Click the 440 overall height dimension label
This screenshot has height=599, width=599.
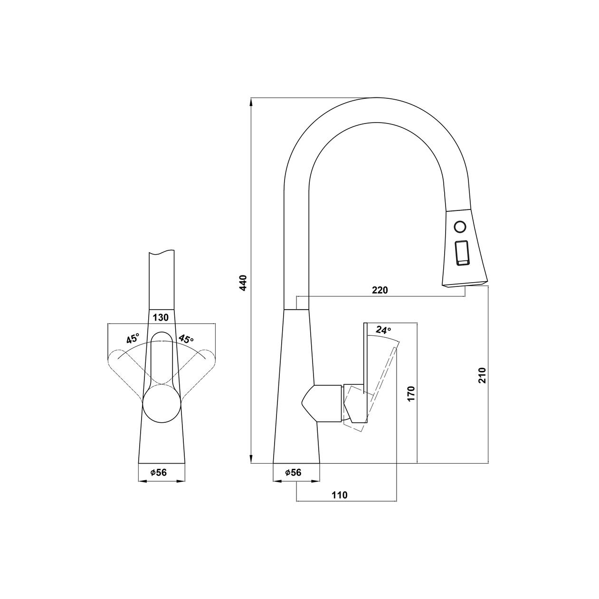click(x=244, y=283)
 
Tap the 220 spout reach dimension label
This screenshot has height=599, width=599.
click(x=380, y=290)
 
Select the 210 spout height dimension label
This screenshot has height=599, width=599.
click(x=482, y=375)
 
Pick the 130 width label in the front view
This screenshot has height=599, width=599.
click(x=161, y=317)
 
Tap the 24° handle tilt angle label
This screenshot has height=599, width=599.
click(x=383, y=330)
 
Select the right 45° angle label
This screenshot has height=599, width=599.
click(x=186, y=339)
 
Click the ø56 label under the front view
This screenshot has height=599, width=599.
click(x=159, y=473)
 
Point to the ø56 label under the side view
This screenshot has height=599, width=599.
click(x=293, y=473)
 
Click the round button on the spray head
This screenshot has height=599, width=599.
click(x=460, y=226)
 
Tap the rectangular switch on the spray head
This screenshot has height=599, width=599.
click(x=462, y=249)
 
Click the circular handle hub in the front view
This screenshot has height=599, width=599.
click(x=162, y=403)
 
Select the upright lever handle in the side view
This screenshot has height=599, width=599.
click(x=366, y=373)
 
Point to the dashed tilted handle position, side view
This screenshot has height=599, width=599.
click(x=372, y=388)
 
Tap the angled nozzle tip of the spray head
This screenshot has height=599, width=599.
click(x=465, y=284)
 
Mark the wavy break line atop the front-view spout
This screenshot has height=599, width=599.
click(x=162, y=252)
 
